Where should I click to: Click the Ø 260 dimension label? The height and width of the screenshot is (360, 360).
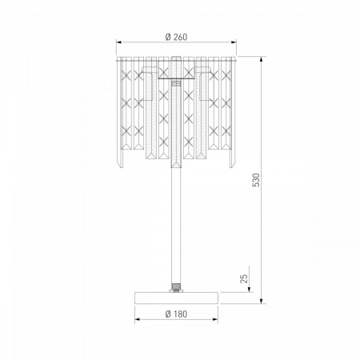pos(176,37)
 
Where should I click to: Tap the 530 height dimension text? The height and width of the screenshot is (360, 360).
pos(256,180)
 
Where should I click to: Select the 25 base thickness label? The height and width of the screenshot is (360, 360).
pos(244,278)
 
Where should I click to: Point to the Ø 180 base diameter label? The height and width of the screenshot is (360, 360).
pos(176,314)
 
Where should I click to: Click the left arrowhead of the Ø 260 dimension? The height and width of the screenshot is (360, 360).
pos(118,42)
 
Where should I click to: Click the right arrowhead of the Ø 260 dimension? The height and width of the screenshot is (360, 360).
pos(234,42)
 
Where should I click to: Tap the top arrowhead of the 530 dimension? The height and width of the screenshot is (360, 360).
pos(262,59)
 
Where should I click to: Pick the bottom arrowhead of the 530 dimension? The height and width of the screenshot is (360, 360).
pos(262,301)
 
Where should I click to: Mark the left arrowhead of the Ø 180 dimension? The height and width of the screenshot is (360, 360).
pos(138,319)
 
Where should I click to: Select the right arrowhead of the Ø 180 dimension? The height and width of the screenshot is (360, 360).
pos(215,319)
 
